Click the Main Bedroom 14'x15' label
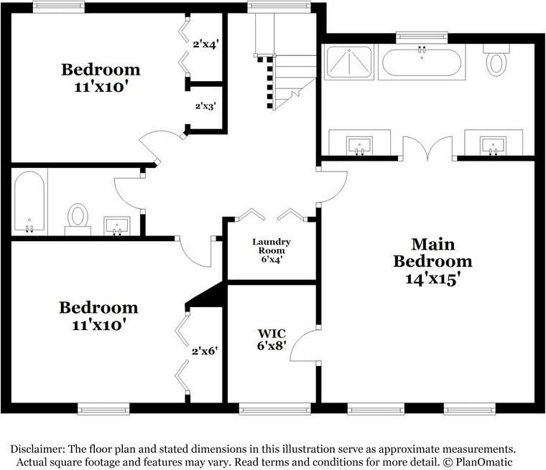[432, 262]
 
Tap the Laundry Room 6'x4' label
[272, 250]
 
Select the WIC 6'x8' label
[272, 339]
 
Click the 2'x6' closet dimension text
[204, 352]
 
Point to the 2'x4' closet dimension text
[205, 43]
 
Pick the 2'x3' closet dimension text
[205, 105]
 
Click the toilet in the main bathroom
[496, 61]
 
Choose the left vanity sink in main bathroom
[359, 144]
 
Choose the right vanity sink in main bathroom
[493, 144]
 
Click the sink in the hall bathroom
[117, 225]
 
